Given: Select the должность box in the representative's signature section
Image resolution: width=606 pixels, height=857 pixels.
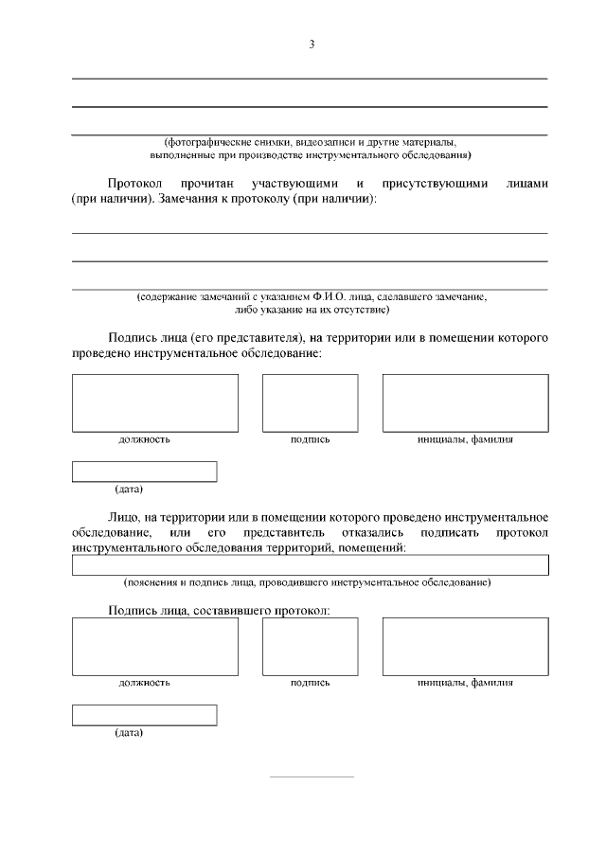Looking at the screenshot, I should [155, 402].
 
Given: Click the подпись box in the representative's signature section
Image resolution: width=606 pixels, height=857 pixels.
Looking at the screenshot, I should [310, 402].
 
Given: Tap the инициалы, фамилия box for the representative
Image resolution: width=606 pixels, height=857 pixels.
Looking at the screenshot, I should [465, 402].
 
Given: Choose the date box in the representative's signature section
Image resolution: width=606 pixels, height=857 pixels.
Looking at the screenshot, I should [144, 471].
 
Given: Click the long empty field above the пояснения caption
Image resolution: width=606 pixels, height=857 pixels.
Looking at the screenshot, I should [311, 564].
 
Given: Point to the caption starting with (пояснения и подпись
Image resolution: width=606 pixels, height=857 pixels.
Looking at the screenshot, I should [307, 580].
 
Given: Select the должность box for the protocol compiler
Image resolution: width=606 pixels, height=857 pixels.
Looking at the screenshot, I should [155, 646].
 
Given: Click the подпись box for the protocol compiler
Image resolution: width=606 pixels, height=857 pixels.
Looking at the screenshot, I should [310, 646].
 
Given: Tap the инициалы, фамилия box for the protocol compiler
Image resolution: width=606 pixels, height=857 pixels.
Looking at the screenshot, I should [465, 646].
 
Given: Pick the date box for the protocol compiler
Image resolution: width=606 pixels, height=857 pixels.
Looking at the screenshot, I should [144, 715].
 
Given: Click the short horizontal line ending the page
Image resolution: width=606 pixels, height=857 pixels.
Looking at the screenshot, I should [312, 777].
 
